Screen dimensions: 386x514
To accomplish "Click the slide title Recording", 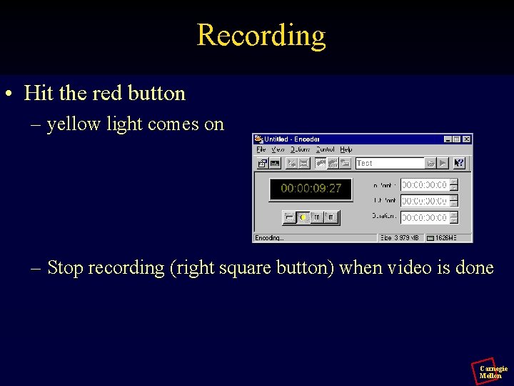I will pyautogui.click(x=261, y=35).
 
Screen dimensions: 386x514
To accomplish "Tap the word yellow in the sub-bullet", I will pyautogui.click(x=74, y=124).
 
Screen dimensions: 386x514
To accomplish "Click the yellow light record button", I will pyautogui.click(x=303, y=217).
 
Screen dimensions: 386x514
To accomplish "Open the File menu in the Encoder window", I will pyautogui.click(x=261, y=149).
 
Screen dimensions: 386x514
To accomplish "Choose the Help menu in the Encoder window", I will pyautogui.click(x=346, y=149).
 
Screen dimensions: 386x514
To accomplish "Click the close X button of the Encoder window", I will pyautogui.click(x=466, y=139).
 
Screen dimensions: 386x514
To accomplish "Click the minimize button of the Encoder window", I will pyautogui.click(x=448, y=139).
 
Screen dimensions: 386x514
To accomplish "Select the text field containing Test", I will pyautogui.click(x=389, y=163).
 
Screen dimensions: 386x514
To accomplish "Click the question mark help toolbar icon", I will pyautogui.click(x=459, y=163).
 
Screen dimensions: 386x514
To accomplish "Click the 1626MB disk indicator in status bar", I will pyautogui.click(x=450, y=238).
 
